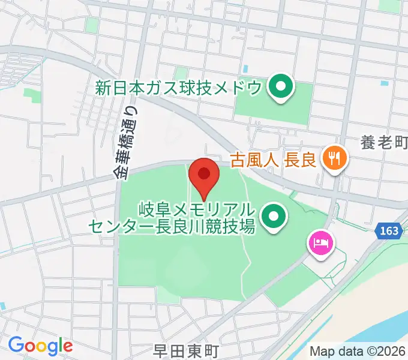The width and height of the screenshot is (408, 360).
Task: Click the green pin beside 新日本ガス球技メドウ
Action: pos(279,87)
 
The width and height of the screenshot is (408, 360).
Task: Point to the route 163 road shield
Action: pos(388,230)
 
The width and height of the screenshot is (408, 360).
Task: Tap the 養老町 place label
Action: pos(384,142)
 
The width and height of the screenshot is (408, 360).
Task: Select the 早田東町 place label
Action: pos(185,350)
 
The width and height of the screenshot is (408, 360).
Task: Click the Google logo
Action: pos(40,346)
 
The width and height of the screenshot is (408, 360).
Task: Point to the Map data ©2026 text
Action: pos(358,351)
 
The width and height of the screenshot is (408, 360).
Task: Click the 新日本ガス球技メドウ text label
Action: pos(179,88)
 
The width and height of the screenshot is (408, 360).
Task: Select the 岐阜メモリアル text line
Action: pos(198,210)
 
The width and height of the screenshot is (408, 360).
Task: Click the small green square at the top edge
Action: pos(91,25)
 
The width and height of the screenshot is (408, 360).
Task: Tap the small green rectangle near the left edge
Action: pos(29,94)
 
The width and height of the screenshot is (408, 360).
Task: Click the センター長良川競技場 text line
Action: pos(172,227)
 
